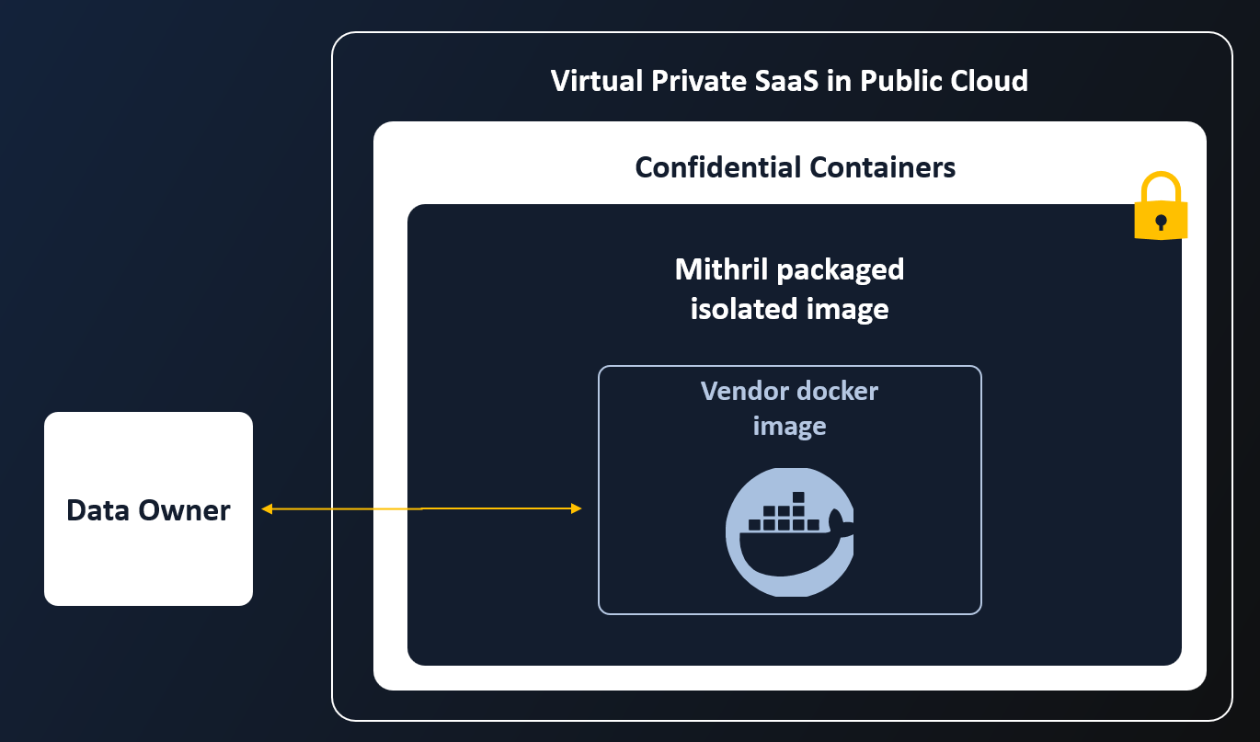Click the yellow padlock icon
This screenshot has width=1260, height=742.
click(x=1161, y=209)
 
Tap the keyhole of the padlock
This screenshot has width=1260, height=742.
click(x=1161, y=222)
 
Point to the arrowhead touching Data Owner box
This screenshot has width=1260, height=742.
click(x=267, y=508)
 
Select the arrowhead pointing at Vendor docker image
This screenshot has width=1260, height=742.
click(x=577, y=508)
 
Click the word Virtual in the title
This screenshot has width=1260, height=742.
click(x=597, y=81)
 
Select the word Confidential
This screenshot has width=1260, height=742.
click(x=717, y=167)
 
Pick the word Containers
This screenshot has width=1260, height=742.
click(x=882, y=167)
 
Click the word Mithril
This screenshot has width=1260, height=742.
click(x=722, y=269)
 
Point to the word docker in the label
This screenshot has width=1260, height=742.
click(x=838, y=391)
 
